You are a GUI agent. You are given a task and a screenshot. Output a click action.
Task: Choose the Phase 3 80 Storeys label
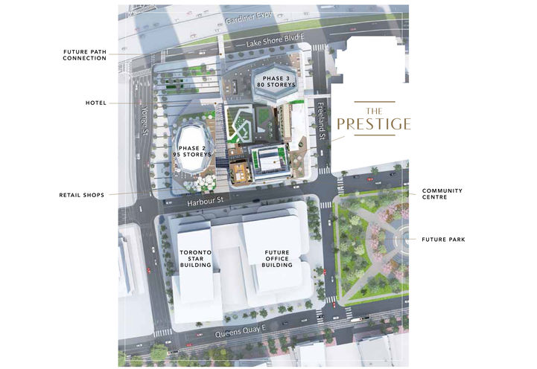(275, 82)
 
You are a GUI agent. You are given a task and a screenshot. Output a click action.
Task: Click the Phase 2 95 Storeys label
(193, 150)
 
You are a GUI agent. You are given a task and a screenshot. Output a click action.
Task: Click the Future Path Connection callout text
(84, 54)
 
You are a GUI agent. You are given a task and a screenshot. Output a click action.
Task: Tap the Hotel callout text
(96, 103)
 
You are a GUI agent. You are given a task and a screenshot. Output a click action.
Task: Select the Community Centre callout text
(442, 194)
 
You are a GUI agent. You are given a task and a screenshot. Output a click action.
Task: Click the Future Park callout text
(444, 239)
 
